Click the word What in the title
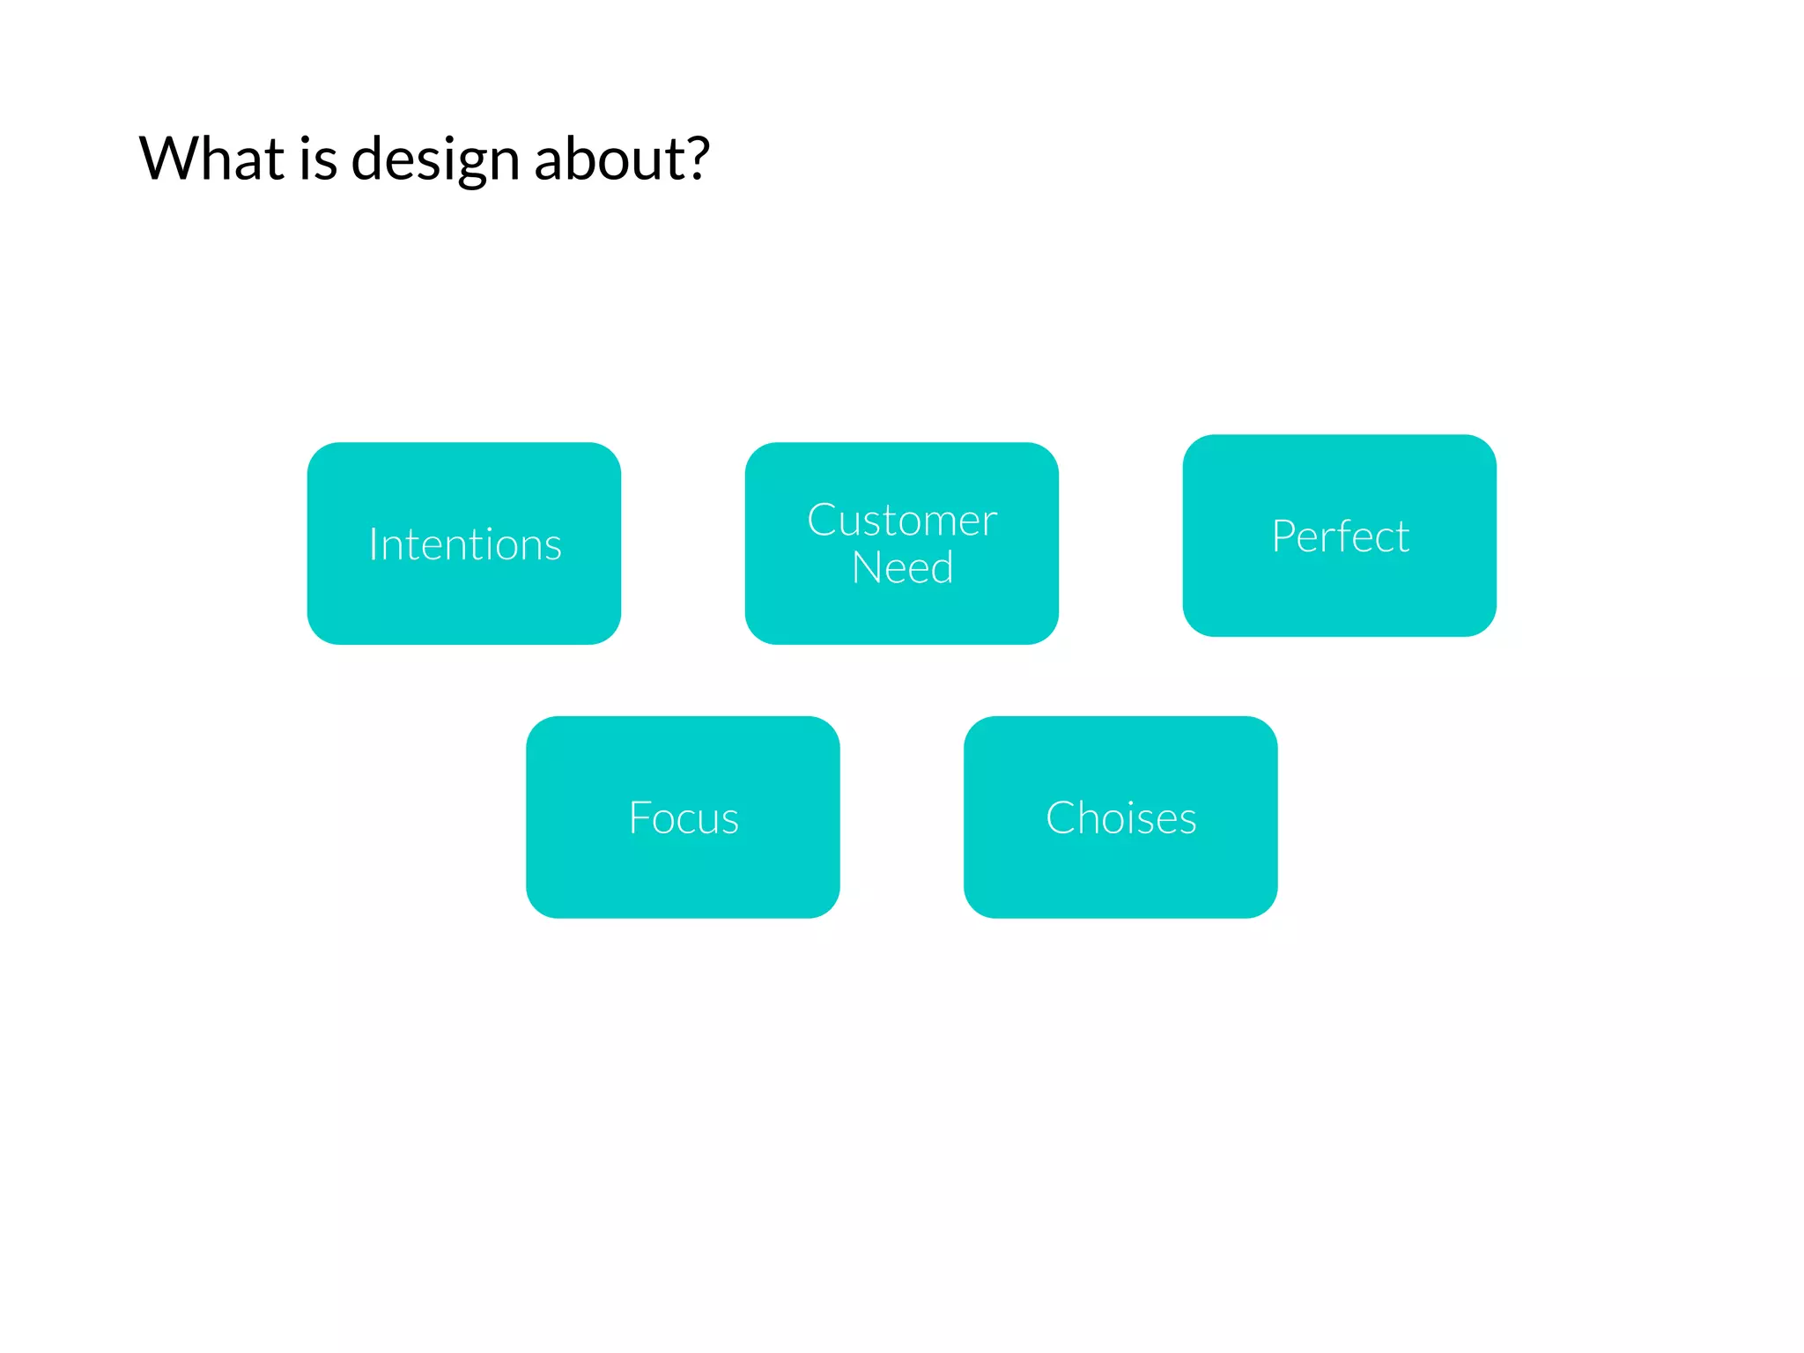point(211,159)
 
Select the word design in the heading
point(435,161)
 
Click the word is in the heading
point(318,159)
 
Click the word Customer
point(902,521)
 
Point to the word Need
point(902,568)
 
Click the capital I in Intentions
point(373,544)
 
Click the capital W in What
point(171,159)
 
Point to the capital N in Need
point(869,568)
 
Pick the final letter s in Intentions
point(552,547)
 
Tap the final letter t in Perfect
point(1401,537)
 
